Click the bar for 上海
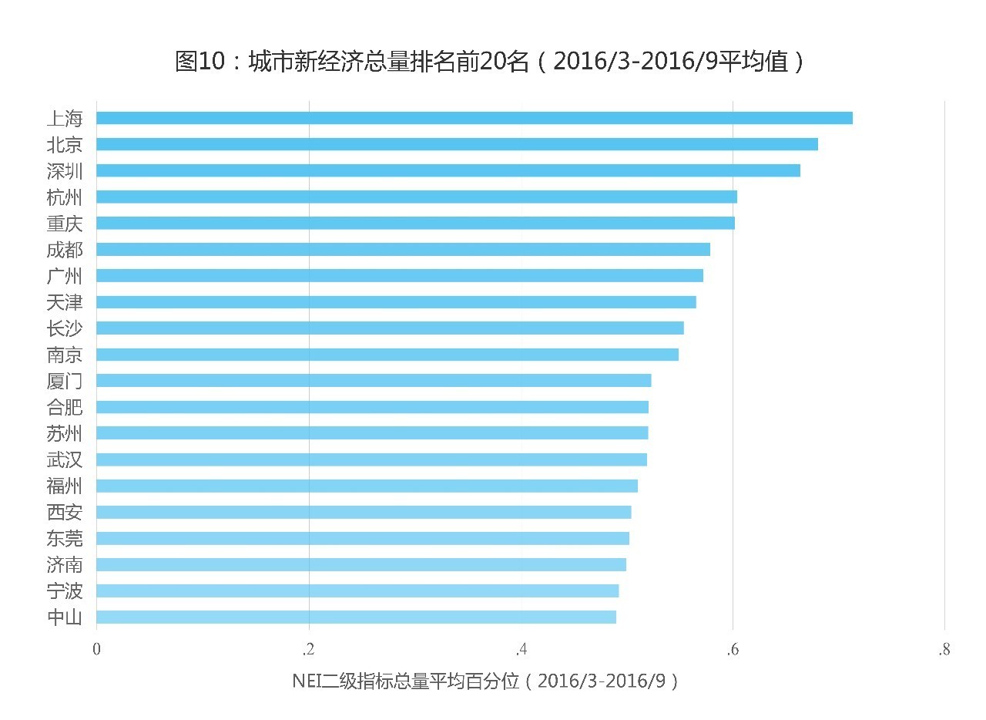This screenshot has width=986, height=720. (x=474, y=118)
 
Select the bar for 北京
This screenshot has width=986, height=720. (x=457, y=144)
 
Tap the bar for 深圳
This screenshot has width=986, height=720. (x=448, y=170)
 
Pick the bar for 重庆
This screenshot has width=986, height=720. (x=415, y=223)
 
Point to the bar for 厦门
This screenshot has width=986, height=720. (x=374, y=380)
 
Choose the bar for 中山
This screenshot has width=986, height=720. (x=356, y=617)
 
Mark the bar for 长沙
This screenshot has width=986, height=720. (x=390, y=328)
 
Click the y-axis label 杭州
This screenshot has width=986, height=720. (x=65, y=197)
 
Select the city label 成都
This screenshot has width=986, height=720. (x=65, y=250)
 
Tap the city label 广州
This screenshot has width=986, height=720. (x=65, y=276)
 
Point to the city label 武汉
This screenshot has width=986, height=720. (x=65, y=460)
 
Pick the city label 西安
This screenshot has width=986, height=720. (x=65, y=513)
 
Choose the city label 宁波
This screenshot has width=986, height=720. (x=65, y=591)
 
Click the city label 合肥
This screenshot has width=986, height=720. (x=65, y=407)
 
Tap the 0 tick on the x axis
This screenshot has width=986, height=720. (x=96, y=650)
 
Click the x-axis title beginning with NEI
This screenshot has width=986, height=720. (x=485, y=681)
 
